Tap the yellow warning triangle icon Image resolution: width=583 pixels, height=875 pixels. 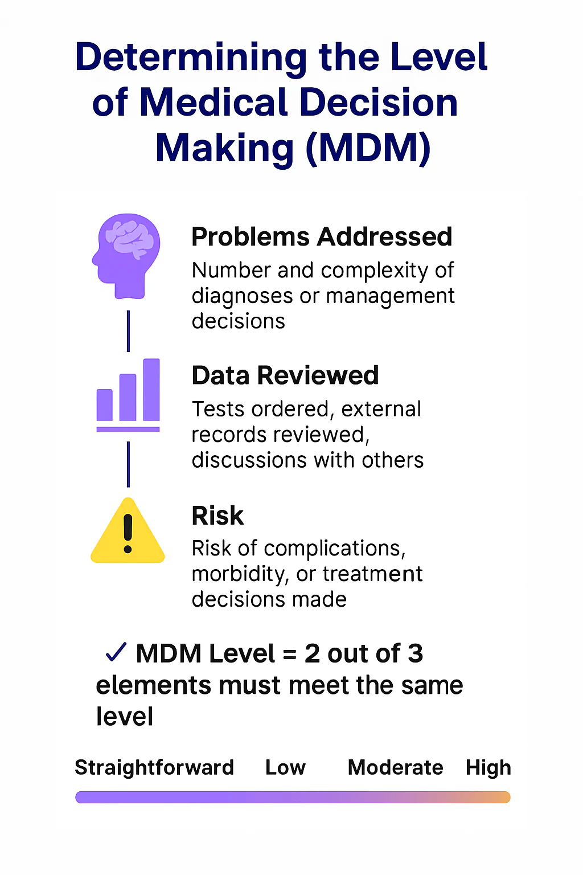coord(128,533)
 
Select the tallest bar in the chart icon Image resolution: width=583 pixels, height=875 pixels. coord(151,389)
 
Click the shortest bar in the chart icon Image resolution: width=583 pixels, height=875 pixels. coord(105,404)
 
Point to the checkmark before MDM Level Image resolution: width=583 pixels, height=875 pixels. coord(116,652)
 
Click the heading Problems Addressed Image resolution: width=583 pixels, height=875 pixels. coord(322,237)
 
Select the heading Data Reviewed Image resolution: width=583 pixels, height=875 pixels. coord(285,376)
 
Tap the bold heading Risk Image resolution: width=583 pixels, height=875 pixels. coord(217,516)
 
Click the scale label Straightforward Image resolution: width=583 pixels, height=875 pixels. coord(154,767)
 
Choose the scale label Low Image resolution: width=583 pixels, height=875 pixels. coord(285,767)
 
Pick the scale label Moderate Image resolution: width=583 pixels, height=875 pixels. coord(395,767)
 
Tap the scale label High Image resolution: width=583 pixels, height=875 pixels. coord(488,768)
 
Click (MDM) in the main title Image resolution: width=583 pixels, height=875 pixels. coord(368,148)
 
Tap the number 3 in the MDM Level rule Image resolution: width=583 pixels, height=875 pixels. coord(415,653)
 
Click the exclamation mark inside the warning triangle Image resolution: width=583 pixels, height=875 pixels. coord(128,534)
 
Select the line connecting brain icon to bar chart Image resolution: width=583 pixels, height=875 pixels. coord(128,330)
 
